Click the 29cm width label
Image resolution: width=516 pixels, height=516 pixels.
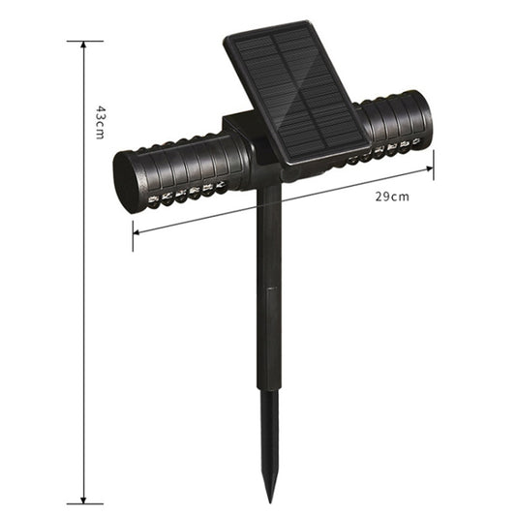click(x=392, y=196)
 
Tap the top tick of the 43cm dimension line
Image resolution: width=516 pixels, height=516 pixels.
click(x=85, y=42)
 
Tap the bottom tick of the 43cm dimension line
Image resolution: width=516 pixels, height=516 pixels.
click(x=85, y=502)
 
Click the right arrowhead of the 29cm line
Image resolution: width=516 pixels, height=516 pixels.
click(x=430, y=169)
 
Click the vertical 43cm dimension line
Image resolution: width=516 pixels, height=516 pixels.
click(x=85, y=290)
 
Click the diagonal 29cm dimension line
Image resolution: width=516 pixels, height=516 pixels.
click(x=281, y=201)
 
